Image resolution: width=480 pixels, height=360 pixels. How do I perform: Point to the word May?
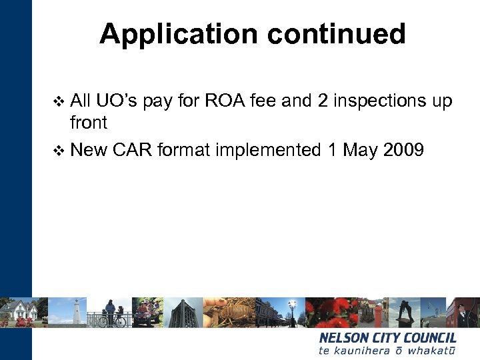(360, 150)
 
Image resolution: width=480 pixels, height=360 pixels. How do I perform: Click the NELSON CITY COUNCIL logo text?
(387, 338)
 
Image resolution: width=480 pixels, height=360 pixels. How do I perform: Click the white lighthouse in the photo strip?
(77, 311)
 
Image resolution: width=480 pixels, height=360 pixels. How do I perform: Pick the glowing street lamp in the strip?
(292, 308)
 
